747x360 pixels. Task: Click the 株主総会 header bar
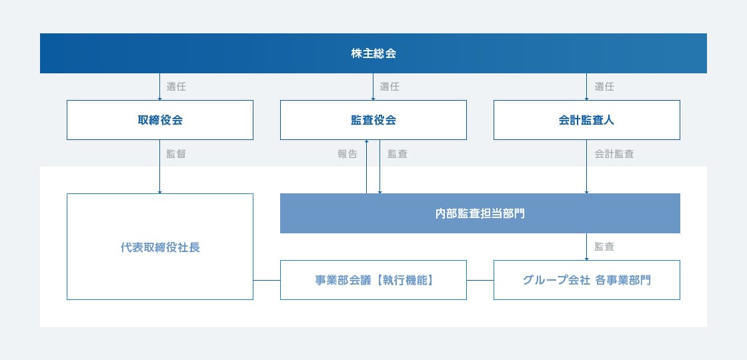[373, 53]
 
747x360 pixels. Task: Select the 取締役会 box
[160, 120]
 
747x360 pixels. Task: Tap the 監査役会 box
[373, 120]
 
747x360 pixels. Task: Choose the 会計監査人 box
[586, 120]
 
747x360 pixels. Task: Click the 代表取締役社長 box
[160, 247]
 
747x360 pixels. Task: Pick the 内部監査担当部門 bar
[480, 213]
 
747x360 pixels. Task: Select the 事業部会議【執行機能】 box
[373, 280]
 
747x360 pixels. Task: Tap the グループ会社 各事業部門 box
[586, 280]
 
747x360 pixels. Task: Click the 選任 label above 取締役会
[176, 87]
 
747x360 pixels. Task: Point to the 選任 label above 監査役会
[390, 87]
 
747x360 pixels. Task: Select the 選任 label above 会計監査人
[604, 87]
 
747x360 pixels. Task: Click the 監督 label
[176, 154]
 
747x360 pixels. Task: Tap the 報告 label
[347, 154]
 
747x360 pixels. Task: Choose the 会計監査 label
[614, 154]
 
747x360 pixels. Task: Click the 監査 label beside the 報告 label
[398, 154]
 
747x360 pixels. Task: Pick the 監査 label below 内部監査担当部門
[604, 247]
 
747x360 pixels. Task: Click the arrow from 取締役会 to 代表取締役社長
[159, 167]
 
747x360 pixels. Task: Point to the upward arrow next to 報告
[366, 167]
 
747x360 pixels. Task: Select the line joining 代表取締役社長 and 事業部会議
[267, 281]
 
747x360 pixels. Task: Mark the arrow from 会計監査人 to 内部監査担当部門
[586, 167]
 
